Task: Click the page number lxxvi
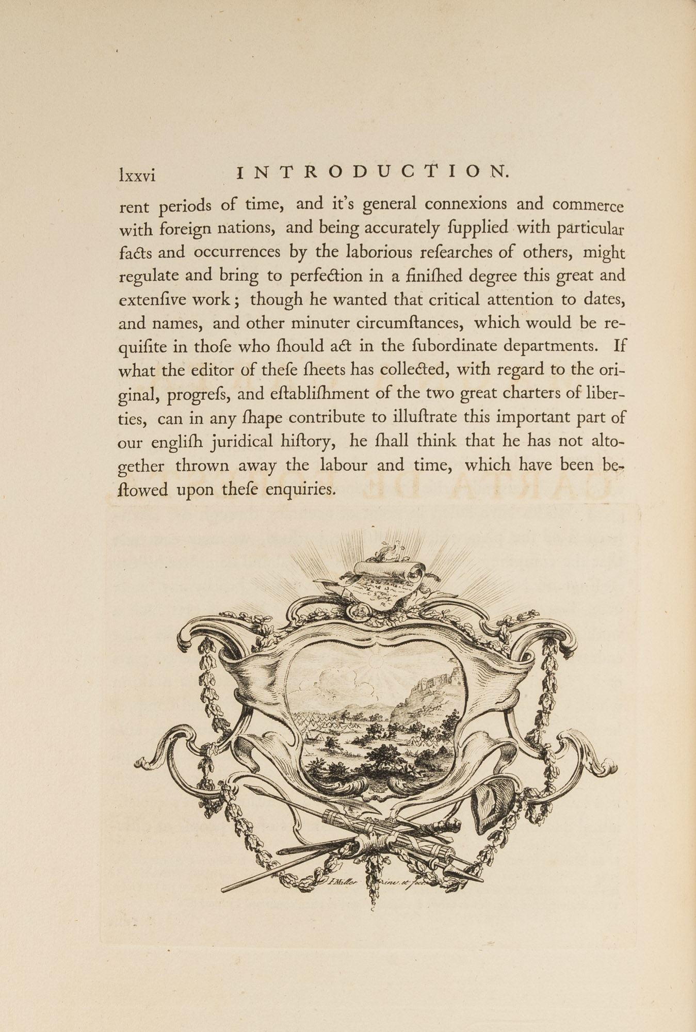click(137, 175)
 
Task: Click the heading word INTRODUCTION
click(373, 172)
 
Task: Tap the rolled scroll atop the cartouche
click(391, 569)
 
